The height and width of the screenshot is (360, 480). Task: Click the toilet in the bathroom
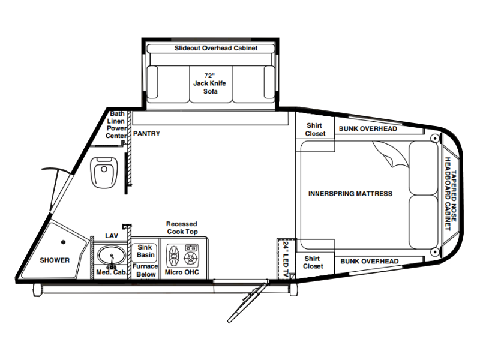point(104,173)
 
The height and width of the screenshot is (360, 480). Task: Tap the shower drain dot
point(64,242)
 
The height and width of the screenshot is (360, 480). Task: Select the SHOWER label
point(55,260)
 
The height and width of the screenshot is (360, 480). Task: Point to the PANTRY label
point(146,134)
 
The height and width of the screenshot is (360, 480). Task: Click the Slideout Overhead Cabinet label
point(216,48)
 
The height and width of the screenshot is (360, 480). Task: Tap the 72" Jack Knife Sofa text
point(210,83)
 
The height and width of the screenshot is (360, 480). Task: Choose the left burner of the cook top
point(174,256)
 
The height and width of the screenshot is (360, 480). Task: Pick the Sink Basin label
point(145,251)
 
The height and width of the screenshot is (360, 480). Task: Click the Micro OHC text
point(182,272)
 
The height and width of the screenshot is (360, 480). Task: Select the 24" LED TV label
point(286,260)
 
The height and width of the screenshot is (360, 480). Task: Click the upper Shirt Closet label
point(316,130)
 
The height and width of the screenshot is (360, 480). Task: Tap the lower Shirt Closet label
point(313,262)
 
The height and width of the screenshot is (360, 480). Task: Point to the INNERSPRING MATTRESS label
point(350,193)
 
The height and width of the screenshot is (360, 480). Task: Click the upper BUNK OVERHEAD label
point(368,128)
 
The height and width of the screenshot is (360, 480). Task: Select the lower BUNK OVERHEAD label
point(370,261)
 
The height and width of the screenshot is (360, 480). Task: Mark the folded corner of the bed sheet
point(391,155)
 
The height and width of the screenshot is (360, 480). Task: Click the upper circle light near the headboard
point(434,139)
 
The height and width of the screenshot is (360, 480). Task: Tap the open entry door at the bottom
point(247,302)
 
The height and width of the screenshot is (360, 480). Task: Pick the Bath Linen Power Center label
point(116,125)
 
